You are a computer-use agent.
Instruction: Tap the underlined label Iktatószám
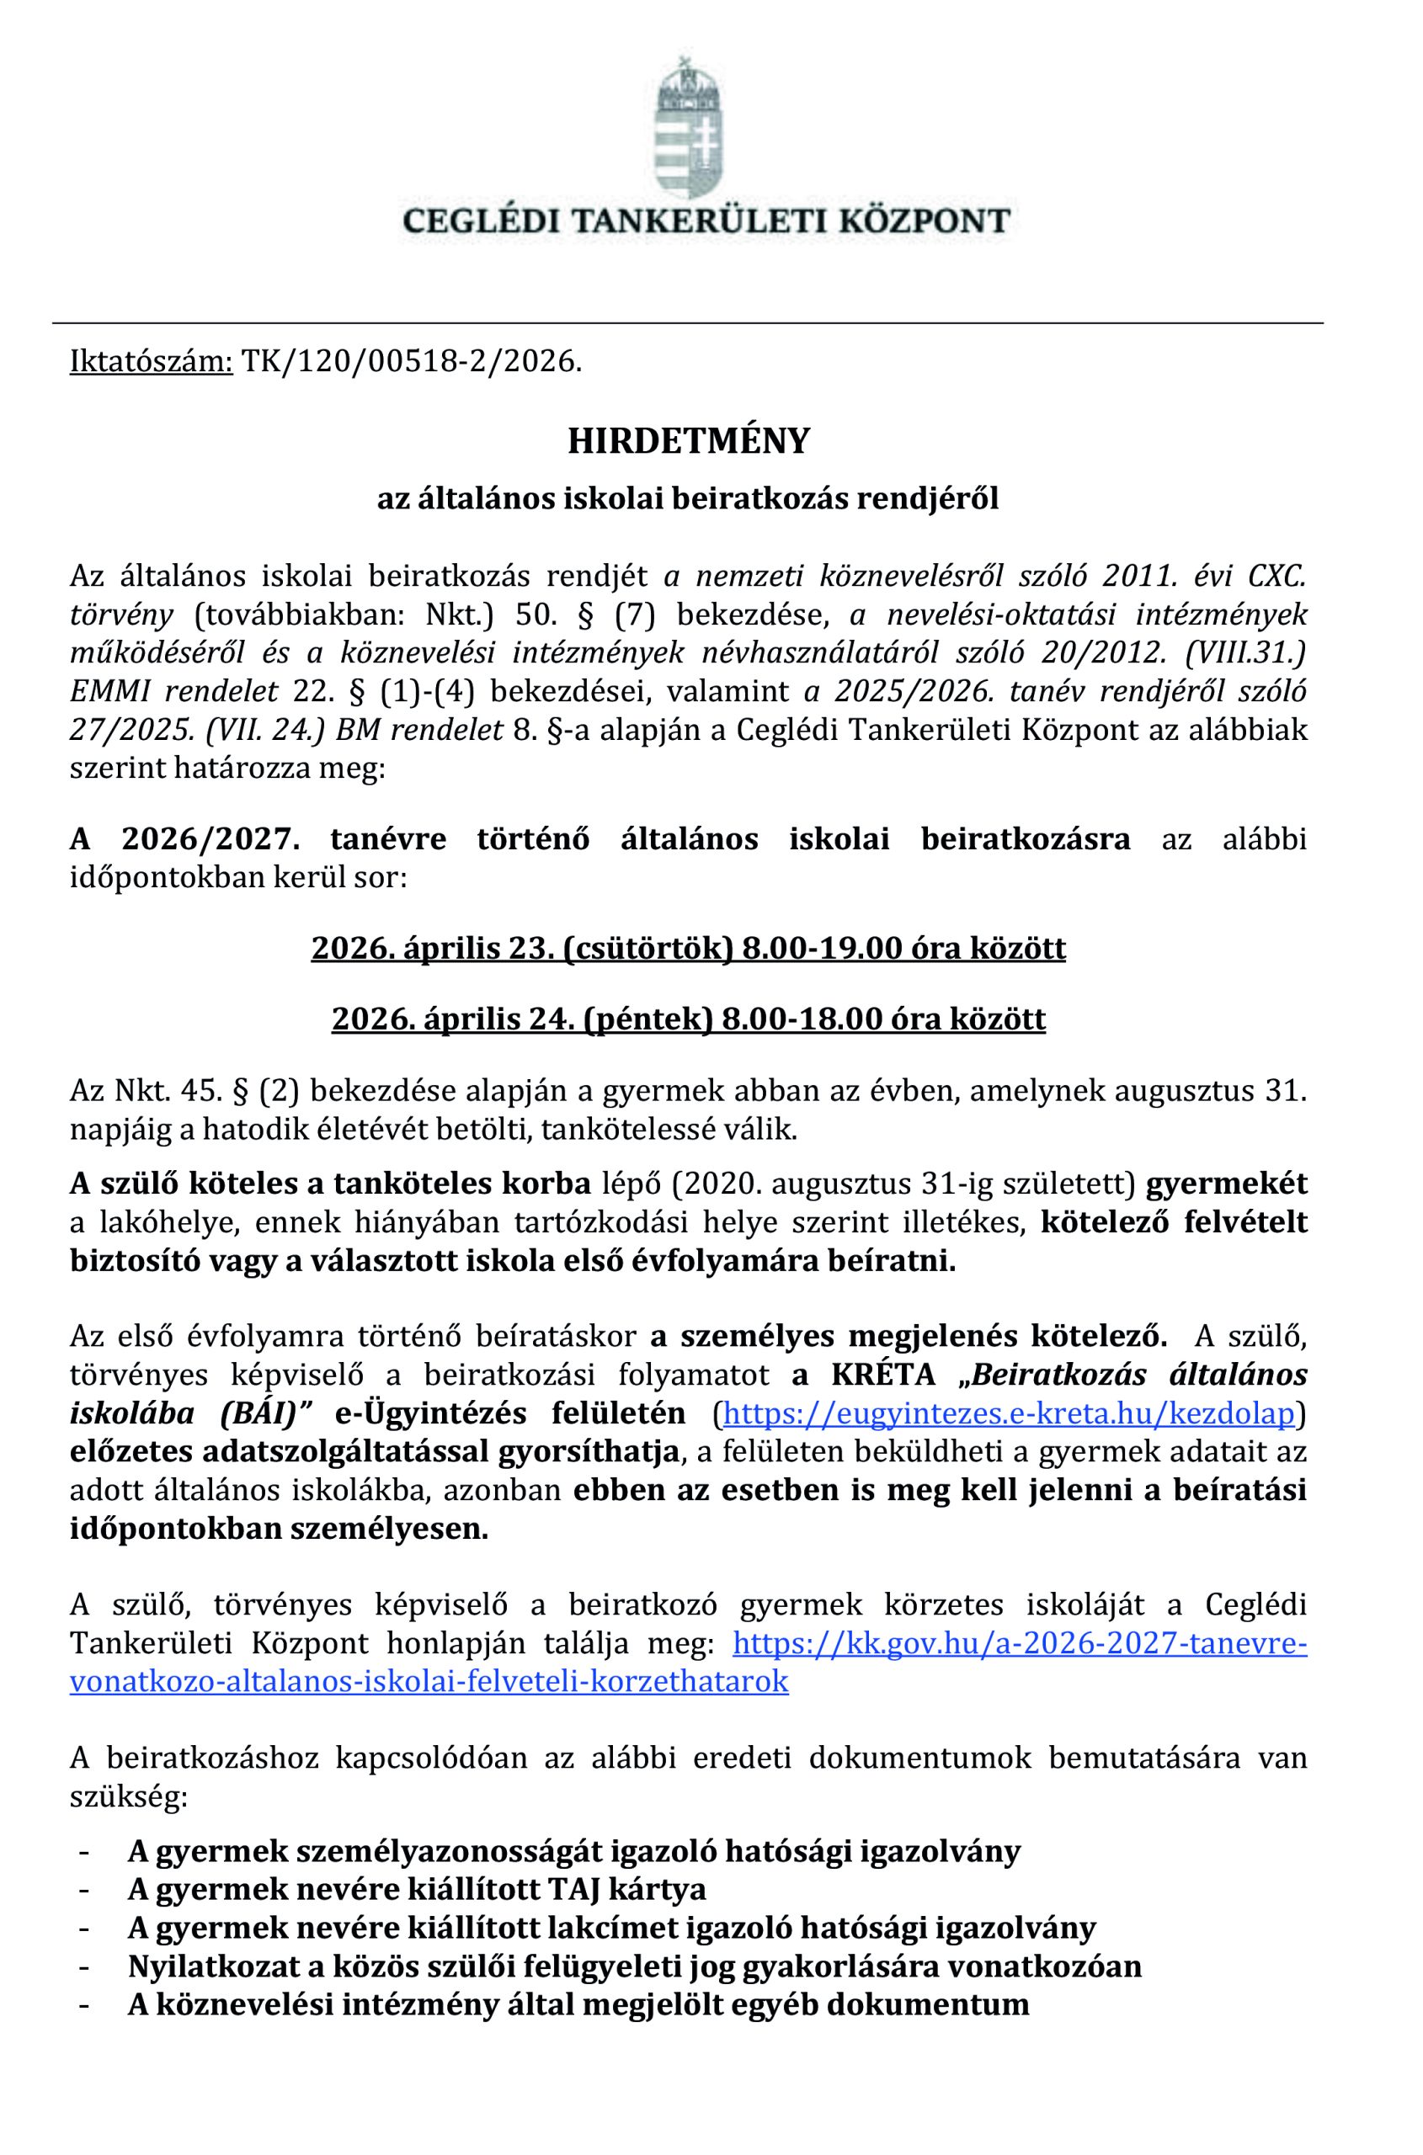coord(152,362)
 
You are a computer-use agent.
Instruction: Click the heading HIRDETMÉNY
coord(688,442)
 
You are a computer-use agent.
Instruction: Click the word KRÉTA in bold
coord(883,1375)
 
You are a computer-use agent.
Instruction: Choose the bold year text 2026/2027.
coord(211,839)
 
